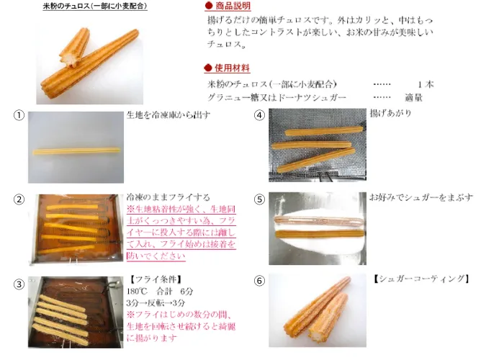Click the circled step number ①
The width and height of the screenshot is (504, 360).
click(19, 115)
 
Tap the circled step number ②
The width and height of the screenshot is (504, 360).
click(19, 199)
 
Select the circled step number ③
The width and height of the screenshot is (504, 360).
click(19, 284)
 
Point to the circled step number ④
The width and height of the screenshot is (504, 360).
click(259, 115)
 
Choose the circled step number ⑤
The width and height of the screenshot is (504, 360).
click(259, 199)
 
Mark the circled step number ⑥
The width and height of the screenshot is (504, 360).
click(259, 281)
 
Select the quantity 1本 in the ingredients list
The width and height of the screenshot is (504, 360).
click(426, 84)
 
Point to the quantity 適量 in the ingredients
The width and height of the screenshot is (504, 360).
click(413, 97)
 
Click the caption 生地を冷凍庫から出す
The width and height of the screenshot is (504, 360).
click(168, 114)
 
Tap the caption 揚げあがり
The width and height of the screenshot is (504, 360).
click(390, 113)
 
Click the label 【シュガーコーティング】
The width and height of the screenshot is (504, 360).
click(420, 279)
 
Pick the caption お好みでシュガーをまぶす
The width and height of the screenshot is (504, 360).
click(421, 197)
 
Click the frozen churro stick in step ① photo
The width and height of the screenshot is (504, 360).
click(76, 150)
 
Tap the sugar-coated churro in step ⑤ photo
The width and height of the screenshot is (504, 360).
click(318, 221)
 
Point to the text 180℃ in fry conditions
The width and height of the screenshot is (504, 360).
click(137, 291)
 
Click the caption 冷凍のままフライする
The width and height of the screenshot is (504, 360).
click(168, 197)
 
